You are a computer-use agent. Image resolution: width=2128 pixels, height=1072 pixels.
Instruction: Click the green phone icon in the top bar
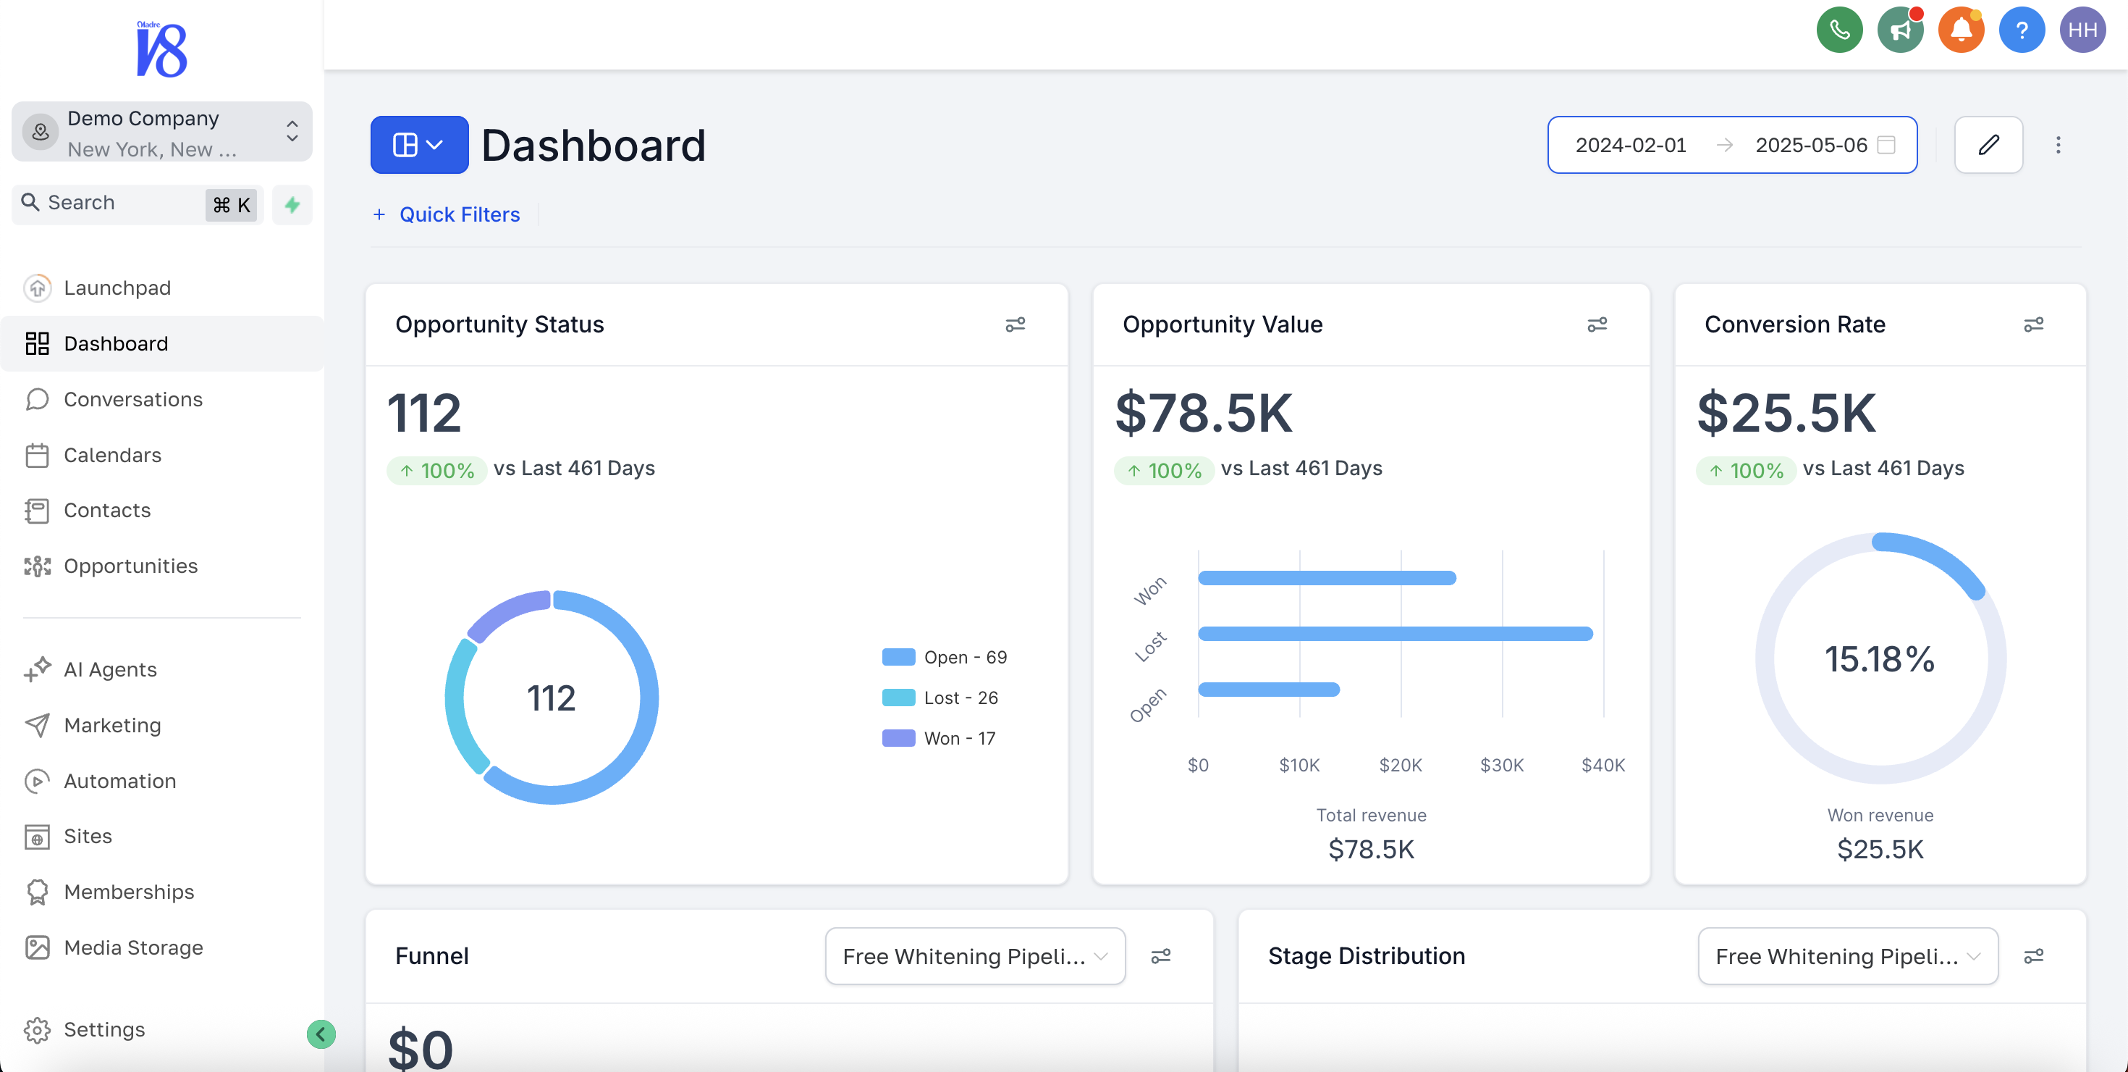(1839, 30)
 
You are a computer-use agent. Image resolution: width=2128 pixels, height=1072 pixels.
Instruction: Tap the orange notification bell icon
(1960, 30)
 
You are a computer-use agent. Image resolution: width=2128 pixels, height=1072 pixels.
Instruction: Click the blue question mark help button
(2021, 30)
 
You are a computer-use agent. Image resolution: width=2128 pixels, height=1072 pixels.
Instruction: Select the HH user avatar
(2082, 30)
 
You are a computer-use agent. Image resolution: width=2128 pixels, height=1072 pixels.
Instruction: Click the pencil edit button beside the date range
(1988, 145)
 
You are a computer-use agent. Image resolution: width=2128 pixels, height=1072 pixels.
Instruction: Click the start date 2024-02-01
(1630, 145)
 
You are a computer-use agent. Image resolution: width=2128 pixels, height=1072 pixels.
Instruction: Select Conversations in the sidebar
(132, 399)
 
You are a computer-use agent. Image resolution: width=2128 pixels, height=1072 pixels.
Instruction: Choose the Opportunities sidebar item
(130, 566)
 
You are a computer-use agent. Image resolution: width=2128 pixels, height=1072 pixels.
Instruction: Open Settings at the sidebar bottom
(104, 1029)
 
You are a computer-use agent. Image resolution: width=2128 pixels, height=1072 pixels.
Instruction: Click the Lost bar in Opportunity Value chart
(1395, 634)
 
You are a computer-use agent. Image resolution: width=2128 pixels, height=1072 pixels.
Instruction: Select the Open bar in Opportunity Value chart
(1268, 690)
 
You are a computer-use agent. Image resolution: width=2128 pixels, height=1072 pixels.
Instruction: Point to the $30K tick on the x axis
(1501, 766)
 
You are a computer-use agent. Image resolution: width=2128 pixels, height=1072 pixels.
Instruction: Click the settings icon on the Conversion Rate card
(2033, 324)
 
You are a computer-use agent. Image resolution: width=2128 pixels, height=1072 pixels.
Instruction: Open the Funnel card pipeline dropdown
(974, 956)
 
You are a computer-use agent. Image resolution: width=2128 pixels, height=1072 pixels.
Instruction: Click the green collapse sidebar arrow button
(321, 1034)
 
